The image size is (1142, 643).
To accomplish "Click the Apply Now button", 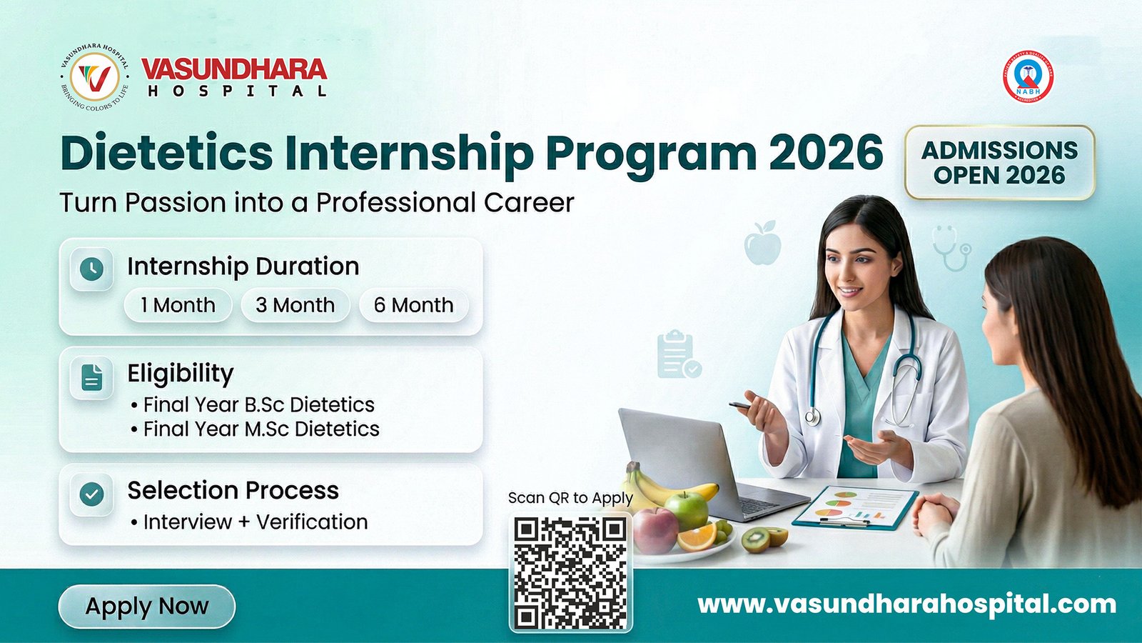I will coord(146,607).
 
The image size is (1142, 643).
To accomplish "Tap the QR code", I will coord(570,574).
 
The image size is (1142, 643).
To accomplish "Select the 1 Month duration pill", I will coord(178,305).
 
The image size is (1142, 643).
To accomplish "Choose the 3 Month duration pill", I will coord(295,305).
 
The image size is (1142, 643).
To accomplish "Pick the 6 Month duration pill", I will coord(413,305).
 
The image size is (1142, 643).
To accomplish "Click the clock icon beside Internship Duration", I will coord(91,269).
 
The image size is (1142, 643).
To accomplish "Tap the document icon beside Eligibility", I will coord(91,377).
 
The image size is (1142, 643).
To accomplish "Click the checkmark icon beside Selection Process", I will coord(91,494).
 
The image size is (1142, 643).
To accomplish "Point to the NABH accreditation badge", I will coord(1028,76).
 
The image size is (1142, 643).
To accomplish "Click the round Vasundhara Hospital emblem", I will coord(94,76).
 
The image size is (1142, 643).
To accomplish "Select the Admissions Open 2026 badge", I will coord(999,162).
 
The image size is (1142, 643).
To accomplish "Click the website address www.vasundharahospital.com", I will coord(906,604).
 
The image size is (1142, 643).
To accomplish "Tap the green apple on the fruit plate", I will coord(686,508).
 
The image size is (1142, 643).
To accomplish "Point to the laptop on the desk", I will coord(699,464).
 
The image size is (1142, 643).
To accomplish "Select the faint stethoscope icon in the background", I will coord(952,247).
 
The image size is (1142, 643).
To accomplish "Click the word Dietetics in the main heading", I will coord(167,152).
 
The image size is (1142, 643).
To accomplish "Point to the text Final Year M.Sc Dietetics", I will coord(261,429).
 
